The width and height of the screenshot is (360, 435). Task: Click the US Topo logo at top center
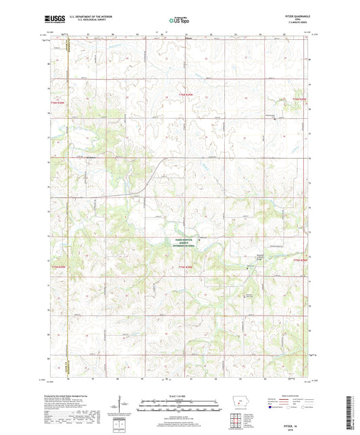(178, 21)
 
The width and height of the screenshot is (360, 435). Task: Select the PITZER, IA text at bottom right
(292, 421)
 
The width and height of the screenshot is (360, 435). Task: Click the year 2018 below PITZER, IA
(292, 426)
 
